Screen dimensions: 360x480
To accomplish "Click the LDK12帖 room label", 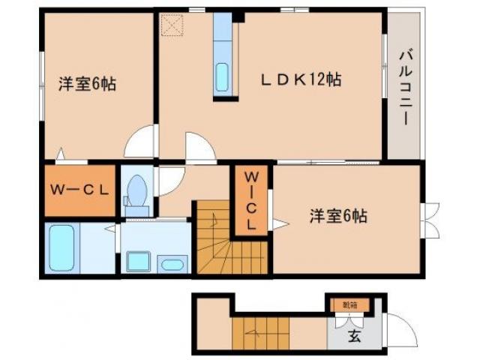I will pyautogui.click(x=301, y=79).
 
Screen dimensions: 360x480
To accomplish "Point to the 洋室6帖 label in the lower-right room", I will pyautogui.click(x=339, y=217).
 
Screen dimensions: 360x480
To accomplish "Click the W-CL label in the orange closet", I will pyautogui.click(x=79, y=189).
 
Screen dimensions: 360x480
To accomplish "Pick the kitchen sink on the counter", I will pyautogui.click(x=223, y=77).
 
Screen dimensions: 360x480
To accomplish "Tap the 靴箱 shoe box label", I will pyautogui.click(x=350, y=304).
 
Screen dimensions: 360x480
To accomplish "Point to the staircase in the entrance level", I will pyautogui.click(x=259, y=333).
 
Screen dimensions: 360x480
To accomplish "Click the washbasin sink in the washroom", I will pyautogui.click(x=173, y=263).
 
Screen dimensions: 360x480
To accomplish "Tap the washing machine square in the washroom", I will pyautogui.click(x=139, y=261).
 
